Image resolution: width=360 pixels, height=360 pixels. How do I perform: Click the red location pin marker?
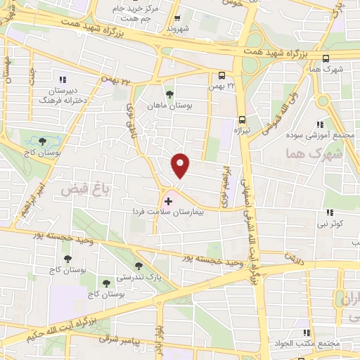pos(181,166)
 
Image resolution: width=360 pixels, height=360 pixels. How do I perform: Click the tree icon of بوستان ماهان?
pos(168,93)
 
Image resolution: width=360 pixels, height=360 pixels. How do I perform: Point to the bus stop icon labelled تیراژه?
pos(243,120)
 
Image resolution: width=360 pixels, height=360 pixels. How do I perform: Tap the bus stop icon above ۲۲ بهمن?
pos(222,75)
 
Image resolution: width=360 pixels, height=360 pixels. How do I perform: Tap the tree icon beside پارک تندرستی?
pos(137,267)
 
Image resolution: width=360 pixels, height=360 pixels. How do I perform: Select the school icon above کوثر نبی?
pos(329,213)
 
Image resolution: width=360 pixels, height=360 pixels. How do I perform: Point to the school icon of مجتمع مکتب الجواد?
pos(306,333)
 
